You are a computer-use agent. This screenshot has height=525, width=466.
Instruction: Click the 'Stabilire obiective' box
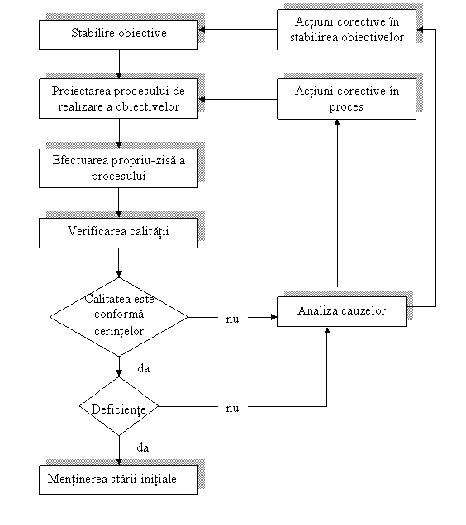coord(118,35)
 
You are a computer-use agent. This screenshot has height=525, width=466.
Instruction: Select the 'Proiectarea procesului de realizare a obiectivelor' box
coord(118,98)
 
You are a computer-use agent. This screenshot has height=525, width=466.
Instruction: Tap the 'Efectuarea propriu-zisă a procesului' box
coord(118,168)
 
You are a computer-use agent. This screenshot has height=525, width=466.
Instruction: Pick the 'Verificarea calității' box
coord(118,233)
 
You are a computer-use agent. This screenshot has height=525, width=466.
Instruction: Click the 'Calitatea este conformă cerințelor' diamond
coord(119,317)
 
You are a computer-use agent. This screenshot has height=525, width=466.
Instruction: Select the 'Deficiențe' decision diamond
coord(119,406)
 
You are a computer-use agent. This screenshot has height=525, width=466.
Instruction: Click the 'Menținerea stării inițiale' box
coord(118,480)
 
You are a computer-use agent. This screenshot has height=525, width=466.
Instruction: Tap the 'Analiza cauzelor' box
coord(341,311)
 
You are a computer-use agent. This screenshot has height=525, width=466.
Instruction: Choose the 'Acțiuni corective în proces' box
coord(346,99)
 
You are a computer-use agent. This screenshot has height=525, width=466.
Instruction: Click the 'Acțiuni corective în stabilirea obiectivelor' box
coord(346,30)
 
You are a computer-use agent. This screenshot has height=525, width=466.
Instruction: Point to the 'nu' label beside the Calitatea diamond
coord(232,319)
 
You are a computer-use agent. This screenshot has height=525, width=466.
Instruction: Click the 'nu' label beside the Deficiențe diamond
coord(232,408)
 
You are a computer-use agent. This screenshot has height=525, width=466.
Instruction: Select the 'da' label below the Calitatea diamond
coord(144,368)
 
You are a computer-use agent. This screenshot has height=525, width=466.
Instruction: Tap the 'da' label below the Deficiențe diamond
coord(143,447)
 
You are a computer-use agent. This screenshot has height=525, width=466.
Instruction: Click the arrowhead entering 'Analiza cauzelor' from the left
coord(274,317)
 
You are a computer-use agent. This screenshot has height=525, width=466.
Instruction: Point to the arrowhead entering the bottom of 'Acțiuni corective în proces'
coord(337,123)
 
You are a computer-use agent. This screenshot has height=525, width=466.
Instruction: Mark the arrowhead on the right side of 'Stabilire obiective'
coord(202,30)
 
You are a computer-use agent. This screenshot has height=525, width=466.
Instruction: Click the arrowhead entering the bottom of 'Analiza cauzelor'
coord(327,330)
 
